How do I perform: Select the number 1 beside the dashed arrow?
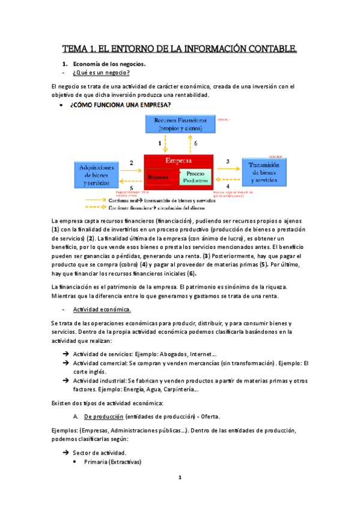pyautogui.click(x=159, y=144)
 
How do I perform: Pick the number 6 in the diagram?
pyautogui.click(x=195, y=144)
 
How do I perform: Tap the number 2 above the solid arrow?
pyautogui.click(x=131, y=163)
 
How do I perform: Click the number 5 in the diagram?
pyautogui.click(x=131, y=188)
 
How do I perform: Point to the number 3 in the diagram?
pyautogui.click(x=227, y=162)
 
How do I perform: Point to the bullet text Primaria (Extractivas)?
pyautogui.click(x=106, y=461)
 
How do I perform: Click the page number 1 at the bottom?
pyautogui.click(x=179, y=494)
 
